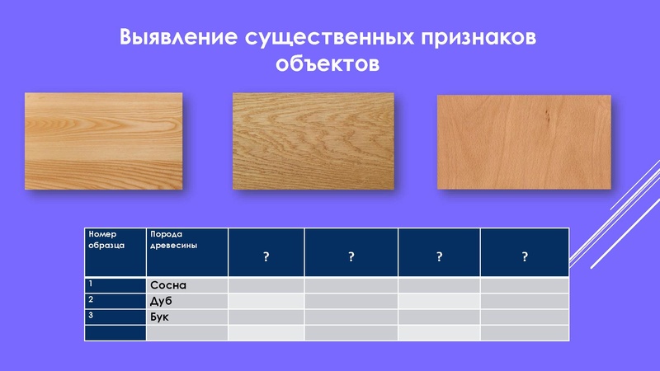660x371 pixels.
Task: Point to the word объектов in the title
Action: click(x=328, y=64)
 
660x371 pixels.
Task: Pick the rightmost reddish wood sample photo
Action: click(x=525, y=141)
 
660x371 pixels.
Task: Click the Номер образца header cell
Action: click(x=115, y=253)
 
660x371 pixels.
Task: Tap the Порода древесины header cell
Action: click(x=186, y=253)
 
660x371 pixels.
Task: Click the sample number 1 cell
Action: click(x=115, y=285)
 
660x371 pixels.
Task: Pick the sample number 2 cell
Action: click(x=115, y=301)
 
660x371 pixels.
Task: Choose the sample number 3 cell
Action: click(x=115, y=317)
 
